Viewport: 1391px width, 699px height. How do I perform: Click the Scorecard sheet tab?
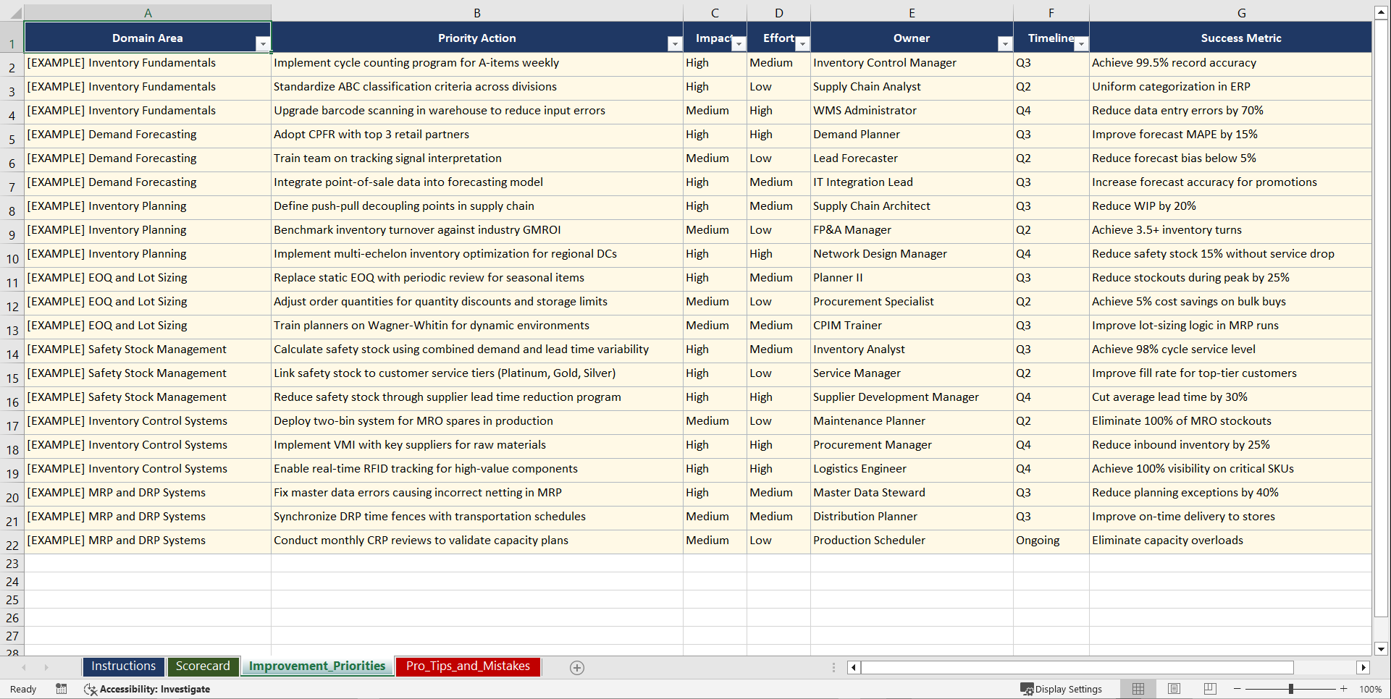pyautogui.click(x=203, y=666)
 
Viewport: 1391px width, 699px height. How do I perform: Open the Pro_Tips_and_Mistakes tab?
pyautogui.click(x=468, y=666)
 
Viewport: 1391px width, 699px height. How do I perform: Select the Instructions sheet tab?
pyautogui.click(x=123, y=666)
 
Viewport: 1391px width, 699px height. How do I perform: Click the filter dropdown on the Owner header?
pyautogui.click(x=1004, y=44)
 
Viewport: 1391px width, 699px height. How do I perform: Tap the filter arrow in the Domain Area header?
pyautogui.click(x=262, y=44)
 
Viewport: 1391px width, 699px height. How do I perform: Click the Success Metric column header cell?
pyautogui.click(x=1240, y=38)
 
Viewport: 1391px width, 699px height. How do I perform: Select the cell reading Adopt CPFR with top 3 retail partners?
pyautogui.click(x=371, y=135)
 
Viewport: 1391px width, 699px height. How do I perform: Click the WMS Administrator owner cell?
pyautogui.click(x=865, y=111)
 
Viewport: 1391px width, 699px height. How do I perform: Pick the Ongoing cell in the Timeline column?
pyautogui.click(x=1038, y=541)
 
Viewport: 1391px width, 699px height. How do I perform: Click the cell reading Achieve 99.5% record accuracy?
pyautogui.click(x=1174, y=63)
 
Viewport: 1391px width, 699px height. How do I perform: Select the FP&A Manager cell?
pyautogui.click(x=852, y=230)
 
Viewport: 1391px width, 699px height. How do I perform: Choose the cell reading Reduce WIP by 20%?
pyautogui.click(x=1144, y=206)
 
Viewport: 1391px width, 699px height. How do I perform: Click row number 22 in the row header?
pyautogui.click(x=12, y=545)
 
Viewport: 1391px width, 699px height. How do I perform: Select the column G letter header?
pyautogui.click(x=1241, y=13)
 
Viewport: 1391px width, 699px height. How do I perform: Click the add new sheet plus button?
pyautogui.click(x=577, y=668)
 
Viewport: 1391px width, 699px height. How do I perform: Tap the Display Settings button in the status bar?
pyautogui.click(x=1062, y=689)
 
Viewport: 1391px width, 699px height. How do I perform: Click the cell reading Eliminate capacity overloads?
pyautogui.click(x=1167, y=541)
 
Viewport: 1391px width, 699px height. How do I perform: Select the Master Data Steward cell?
pyautogui.click(x=869, y=493)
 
